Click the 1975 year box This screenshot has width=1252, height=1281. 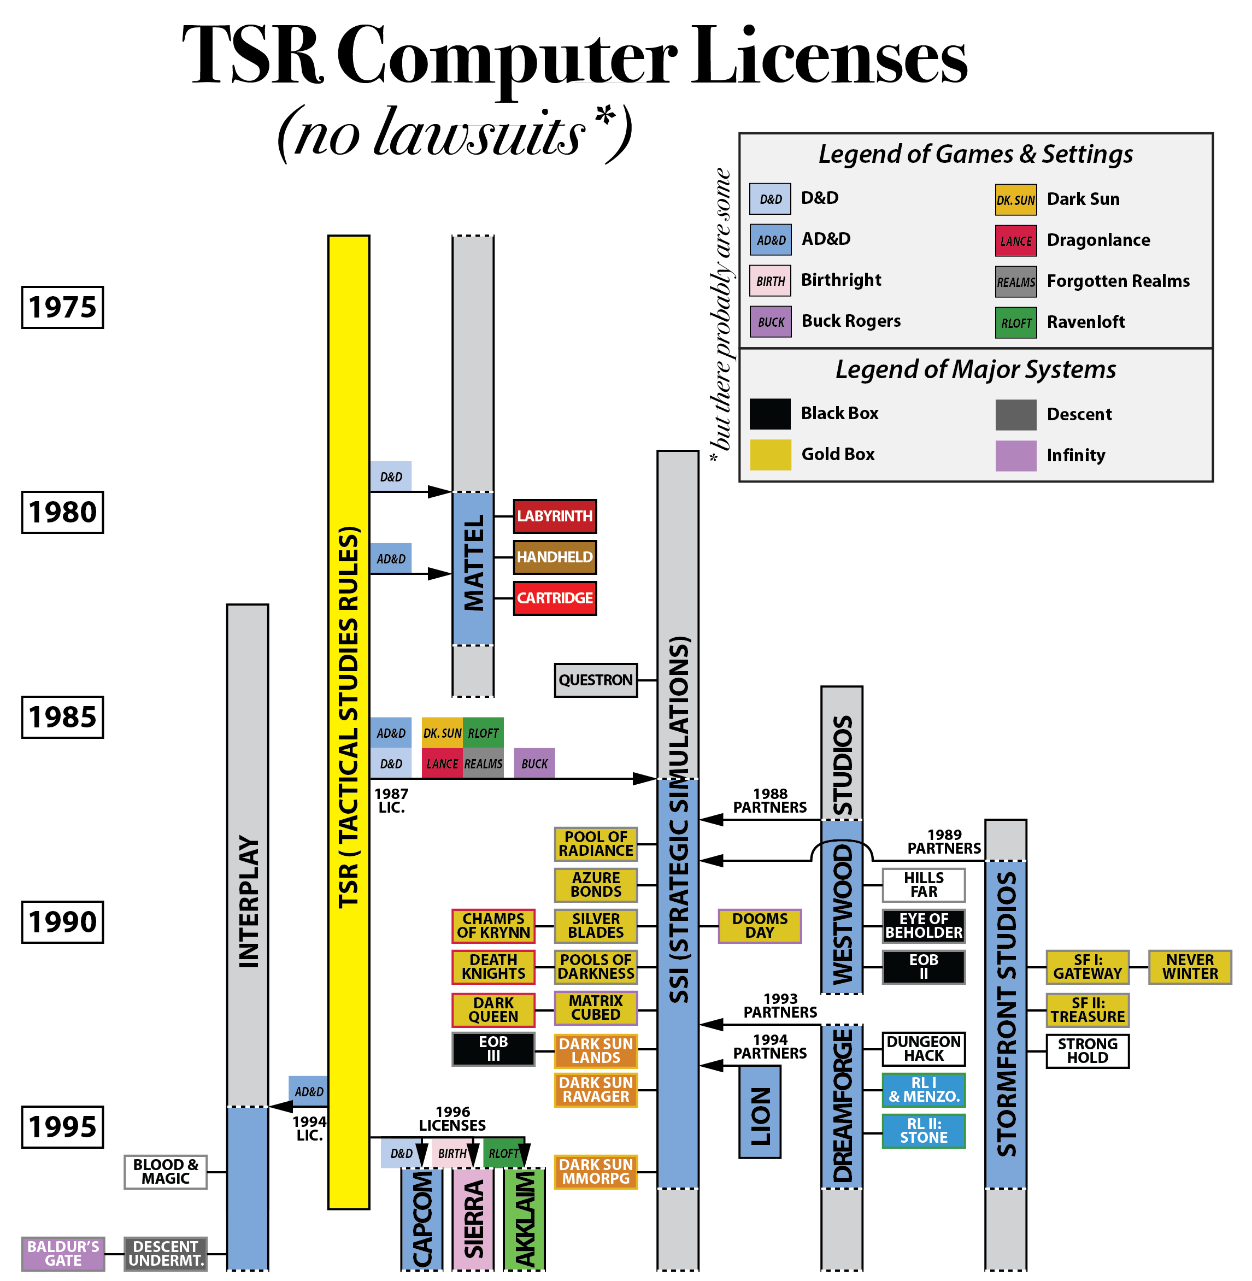pyautogui.click(x=62, y=307)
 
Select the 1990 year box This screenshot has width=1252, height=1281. pyautogui.click(x=62, y=922)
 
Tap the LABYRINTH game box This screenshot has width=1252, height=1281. pyautogui.click(x=554, y=516)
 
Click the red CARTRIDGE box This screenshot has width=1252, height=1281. pyautogui.click(x=554, y=598)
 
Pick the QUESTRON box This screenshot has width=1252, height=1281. pyautogui.click(x=595, y=680)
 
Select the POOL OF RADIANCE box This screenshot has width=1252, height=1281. pyautogui.click(x=595, y=844)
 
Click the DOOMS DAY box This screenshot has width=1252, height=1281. pyautogui.click(x=760, y=926)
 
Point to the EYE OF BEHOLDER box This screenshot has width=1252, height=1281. pyautogui.click(x=923, y=926)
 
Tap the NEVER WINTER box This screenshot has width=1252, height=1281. pyautogui.click(x=1190, y=967)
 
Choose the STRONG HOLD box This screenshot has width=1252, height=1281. pyautogui.click(x=1087, y=1051)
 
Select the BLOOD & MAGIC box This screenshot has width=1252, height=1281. pyautogui.click(x=165, y=1172)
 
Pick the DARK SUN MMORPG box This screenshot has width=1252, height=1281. pyautogui.click(x=595, y=1172)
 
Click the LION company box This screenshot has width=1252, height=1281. pyautogui.click(x=760, y=1112)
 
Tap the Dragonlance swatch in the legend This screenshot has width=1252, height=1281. pyautogui.click(x=1015, y=240)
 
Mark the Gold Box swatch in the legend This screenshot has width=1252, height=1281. pyautogui.click(x=770, y=454)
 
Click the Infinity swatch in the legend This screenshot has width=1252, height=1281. pyautogui.click(x=1015, y=455)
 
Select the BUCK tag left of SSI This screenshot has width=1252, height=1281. pyautogui.click(x=534, y=763)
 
